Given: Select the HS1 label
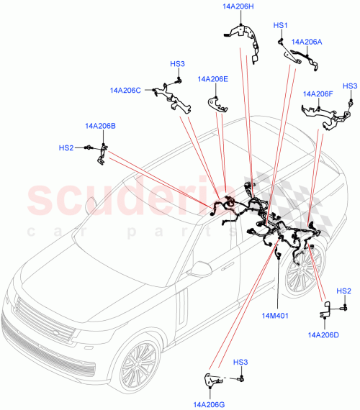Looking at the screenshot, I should coord(281,25).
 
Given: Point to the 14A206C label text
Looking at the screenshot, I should coord(125,91).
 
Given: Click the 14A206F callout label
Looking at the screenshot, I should coord(318,94).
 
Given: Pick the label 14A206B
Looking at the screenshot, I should coord(100,126).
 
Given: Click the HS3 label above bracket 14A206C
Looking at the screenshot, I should coord(177,64).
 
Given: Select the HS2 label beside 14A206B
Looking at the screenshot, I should coord(66,148).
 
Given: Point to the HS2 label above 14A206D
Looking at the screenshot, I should coord(344,291).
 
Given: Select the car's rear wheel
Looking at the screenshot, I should coord(302,273).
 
